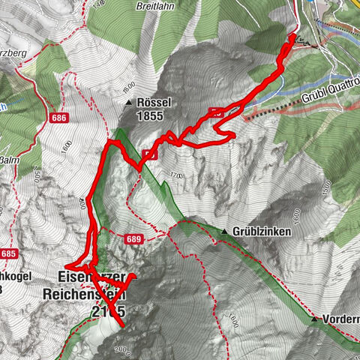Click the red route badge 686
60,118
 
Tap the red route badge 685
8,254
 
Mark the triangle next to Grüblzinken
223,231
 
